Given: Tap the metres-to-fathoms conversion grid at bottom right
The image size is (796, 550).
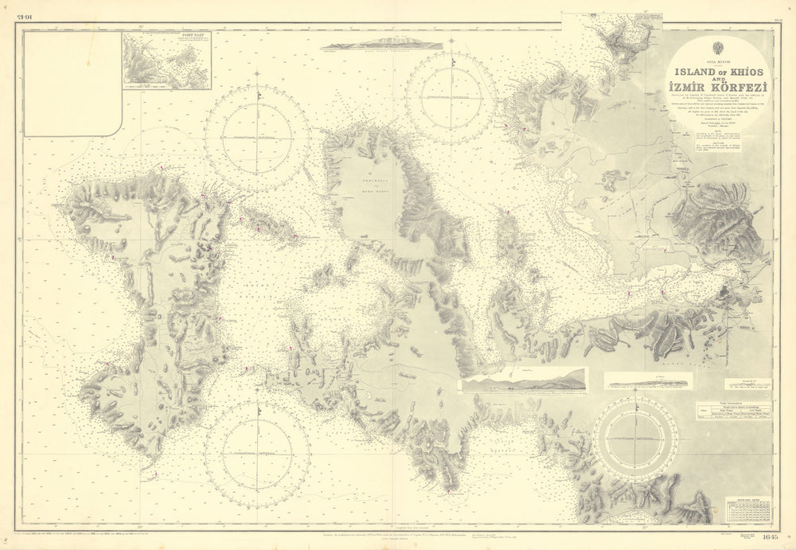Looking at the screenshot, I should tap(747, 509).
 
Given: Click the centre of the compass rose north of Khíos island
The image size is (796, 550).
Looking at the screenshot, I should tap(257, 137).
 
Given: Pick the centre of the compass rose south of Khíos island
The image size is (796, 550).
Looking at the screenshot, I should tap(256, 453).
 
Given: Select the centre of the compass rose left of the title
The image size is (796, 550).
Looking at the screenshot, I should tap(451, 97).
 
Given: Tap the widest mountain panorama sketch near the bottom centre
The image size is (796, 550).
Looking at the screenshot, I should tap(524, 380).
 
